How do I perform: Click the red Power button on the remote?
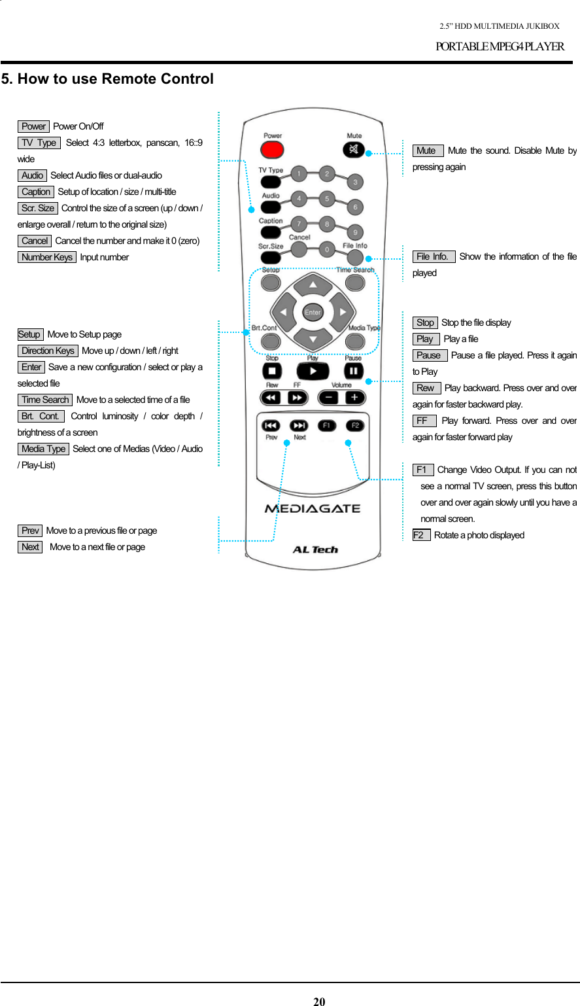[x=272, y=150]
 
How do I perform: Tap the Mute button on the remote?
[x=354, y=150]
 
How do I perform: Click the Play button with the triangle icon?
[x=313, y=372]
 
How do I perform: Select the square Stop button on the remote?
[x=272, y=372]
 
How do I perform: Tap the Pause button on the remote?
[x=354, y=372]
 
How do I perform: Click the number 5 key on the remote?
[x=327, y=199]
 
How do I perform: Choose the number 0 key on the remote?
[x=327, y=249]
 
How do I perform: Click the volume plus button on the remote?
[x=355, y=398]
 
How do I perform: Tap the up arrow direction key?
[x=313, y=285]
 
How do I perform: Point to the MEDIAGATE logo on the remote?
[x=313, y=508]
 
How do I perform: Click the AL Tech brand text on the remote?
[x=315, y=550]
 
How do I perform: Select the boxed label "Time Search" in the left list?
[x=45, y=400]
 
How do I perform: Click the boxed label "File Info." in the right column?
[x=433, y=256]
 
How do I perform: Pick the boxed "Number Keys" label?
[x=47, y=257]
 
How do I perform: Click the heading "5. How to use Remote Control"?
[x=107, y=79]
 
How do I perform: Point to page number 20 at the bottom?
[x=319, y=1001]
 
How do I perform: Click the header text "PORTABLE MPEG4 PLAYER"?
[x=500, y=46]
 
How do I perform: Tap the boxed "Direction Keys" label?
[x=48, y=351]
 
